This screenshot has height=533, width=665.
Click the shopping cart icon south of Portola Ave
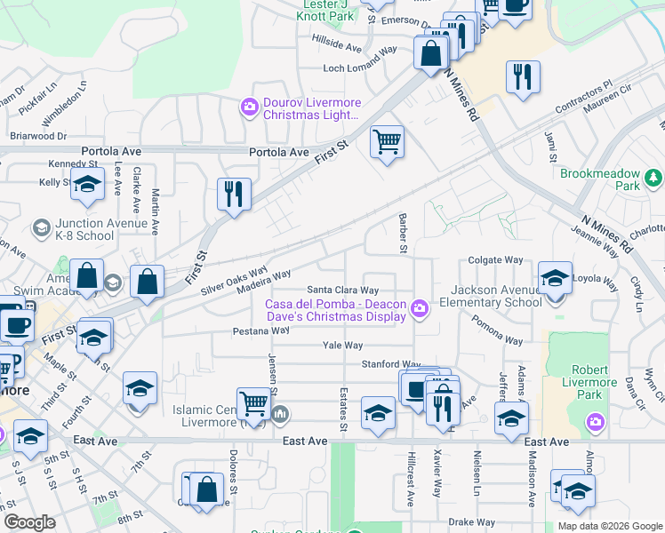pos(387,141)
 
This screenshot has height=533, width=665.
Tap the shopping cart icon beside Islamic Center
pos(253,403)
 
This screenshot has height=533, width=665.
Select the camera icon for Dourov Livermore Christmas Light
pos(251,107)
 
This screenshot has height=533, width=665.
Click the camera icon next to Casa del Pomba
pos(420,310)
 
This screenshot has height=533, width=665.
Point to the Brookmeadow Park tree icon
pos(654,179)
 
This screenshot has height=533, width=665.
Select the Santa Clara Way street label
pos(343,290)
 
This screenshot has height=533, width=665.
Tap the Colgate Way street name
pos(495,260)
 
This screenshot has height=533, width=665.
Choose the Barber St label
pos(402,232)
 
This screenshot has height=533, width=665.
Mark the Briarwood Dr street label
pos(38,136)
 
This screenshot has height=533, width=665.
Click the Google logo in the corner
pos(30,522)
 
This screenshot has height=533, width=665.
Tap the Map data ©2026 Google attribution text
pos(609,526)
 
